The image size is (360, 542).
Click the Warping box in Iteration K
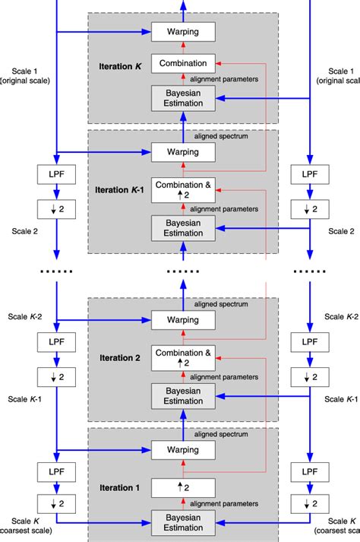click(x=183, y=32)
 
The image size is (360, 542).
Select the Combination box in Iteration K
click(x=183, y=64)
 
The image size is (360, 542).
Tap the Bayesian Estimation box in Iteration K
click(x=183, y=97)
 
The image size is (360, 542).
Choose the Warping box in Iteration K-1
click(x=183, y=152)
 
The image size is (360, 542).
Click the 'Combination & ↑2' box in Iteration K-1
click(x=183, y=190)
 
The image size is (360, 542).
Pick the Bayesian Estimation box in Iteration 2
click(x=183, y=395)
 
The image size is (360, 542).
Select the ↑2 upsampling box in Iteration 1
click(x=183, y=487)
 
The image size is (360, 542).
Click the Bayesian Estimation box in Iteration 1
click(x=183, y=522)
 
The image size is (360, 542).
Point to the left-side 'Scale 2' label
click(x=22, y=231)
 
